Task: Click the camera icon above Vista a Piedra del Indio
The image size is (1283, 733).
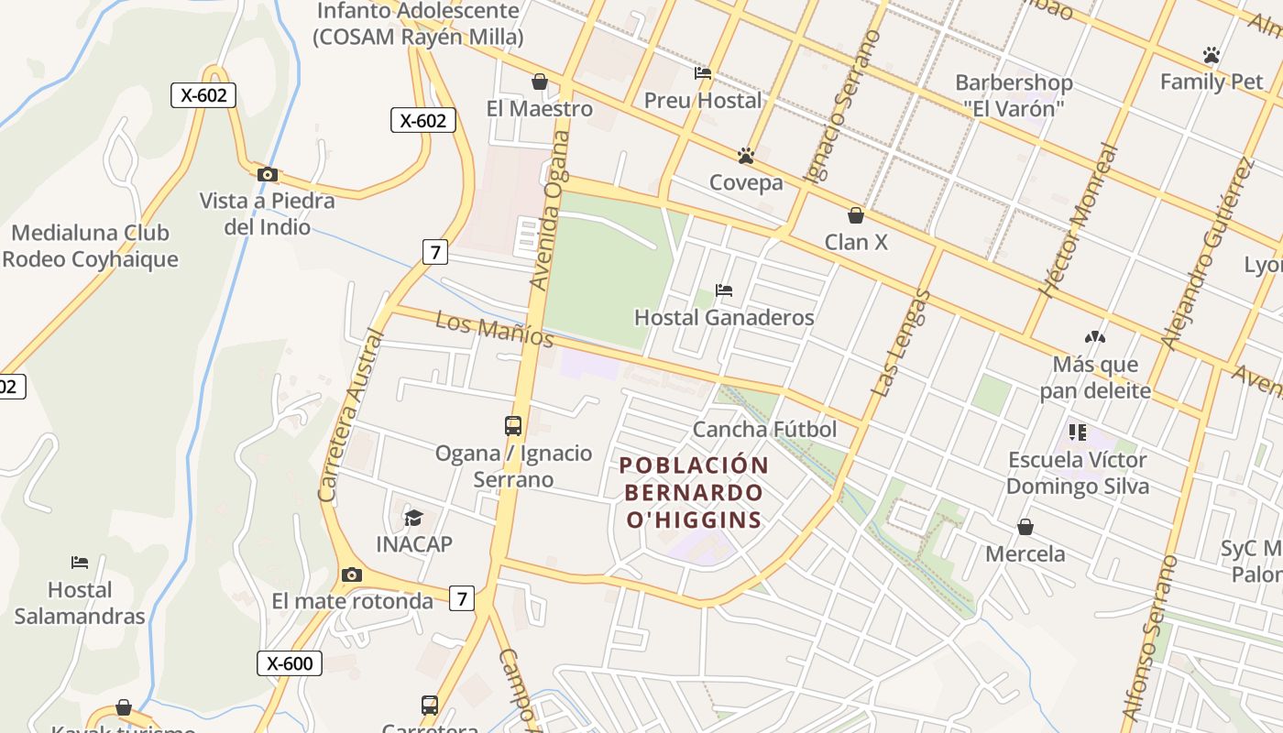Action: tap(267, 174)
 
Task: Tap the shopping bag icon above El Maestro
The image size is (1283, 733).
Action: tap(540, 82)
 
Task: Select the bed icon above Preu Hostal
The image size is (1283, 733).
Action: tap(703, 73)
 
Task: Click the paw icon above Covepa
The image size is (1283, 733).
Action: tap(746, 156)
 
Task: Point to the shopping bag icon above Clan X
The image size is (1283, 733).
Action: tap(856, 215)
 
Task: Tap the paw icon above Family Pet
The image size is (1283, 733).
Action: tap(1212, 55)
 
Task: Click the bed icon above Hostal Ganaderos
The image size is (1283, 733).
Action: tap(724, 290)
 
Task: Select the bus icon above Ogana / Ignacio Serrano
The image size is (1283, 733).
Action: tap(513, 426)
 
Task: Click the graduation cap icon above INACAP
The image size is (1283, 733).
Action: tap(414, 518)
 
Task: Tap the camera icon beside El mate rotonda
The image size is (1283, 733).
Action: tap(351, 574)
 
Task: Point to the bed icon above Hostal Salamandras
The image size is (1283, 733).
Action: tap(80, 562)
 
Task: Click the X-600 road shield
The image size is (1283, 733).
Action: tap(290, 663)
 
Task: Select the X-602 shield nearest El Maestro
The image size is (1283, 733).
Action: tap(423, 120)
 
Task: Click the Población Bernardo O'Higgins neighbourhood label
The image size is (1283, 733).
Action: tap(694, 493)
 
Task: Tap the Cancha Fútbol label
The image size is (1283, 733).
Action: tap(764, 430)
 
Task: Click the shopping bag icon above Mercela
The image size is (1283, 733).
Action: tap(1025, 527)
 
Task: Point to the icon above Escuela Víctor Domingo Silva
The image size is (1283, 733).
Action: tap(1077, 432)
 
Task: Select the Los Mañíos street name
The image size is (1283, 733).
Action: tap(495, 330)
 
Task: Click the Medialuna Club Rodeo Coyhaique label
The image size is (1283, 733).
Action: tap(90, 246)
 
